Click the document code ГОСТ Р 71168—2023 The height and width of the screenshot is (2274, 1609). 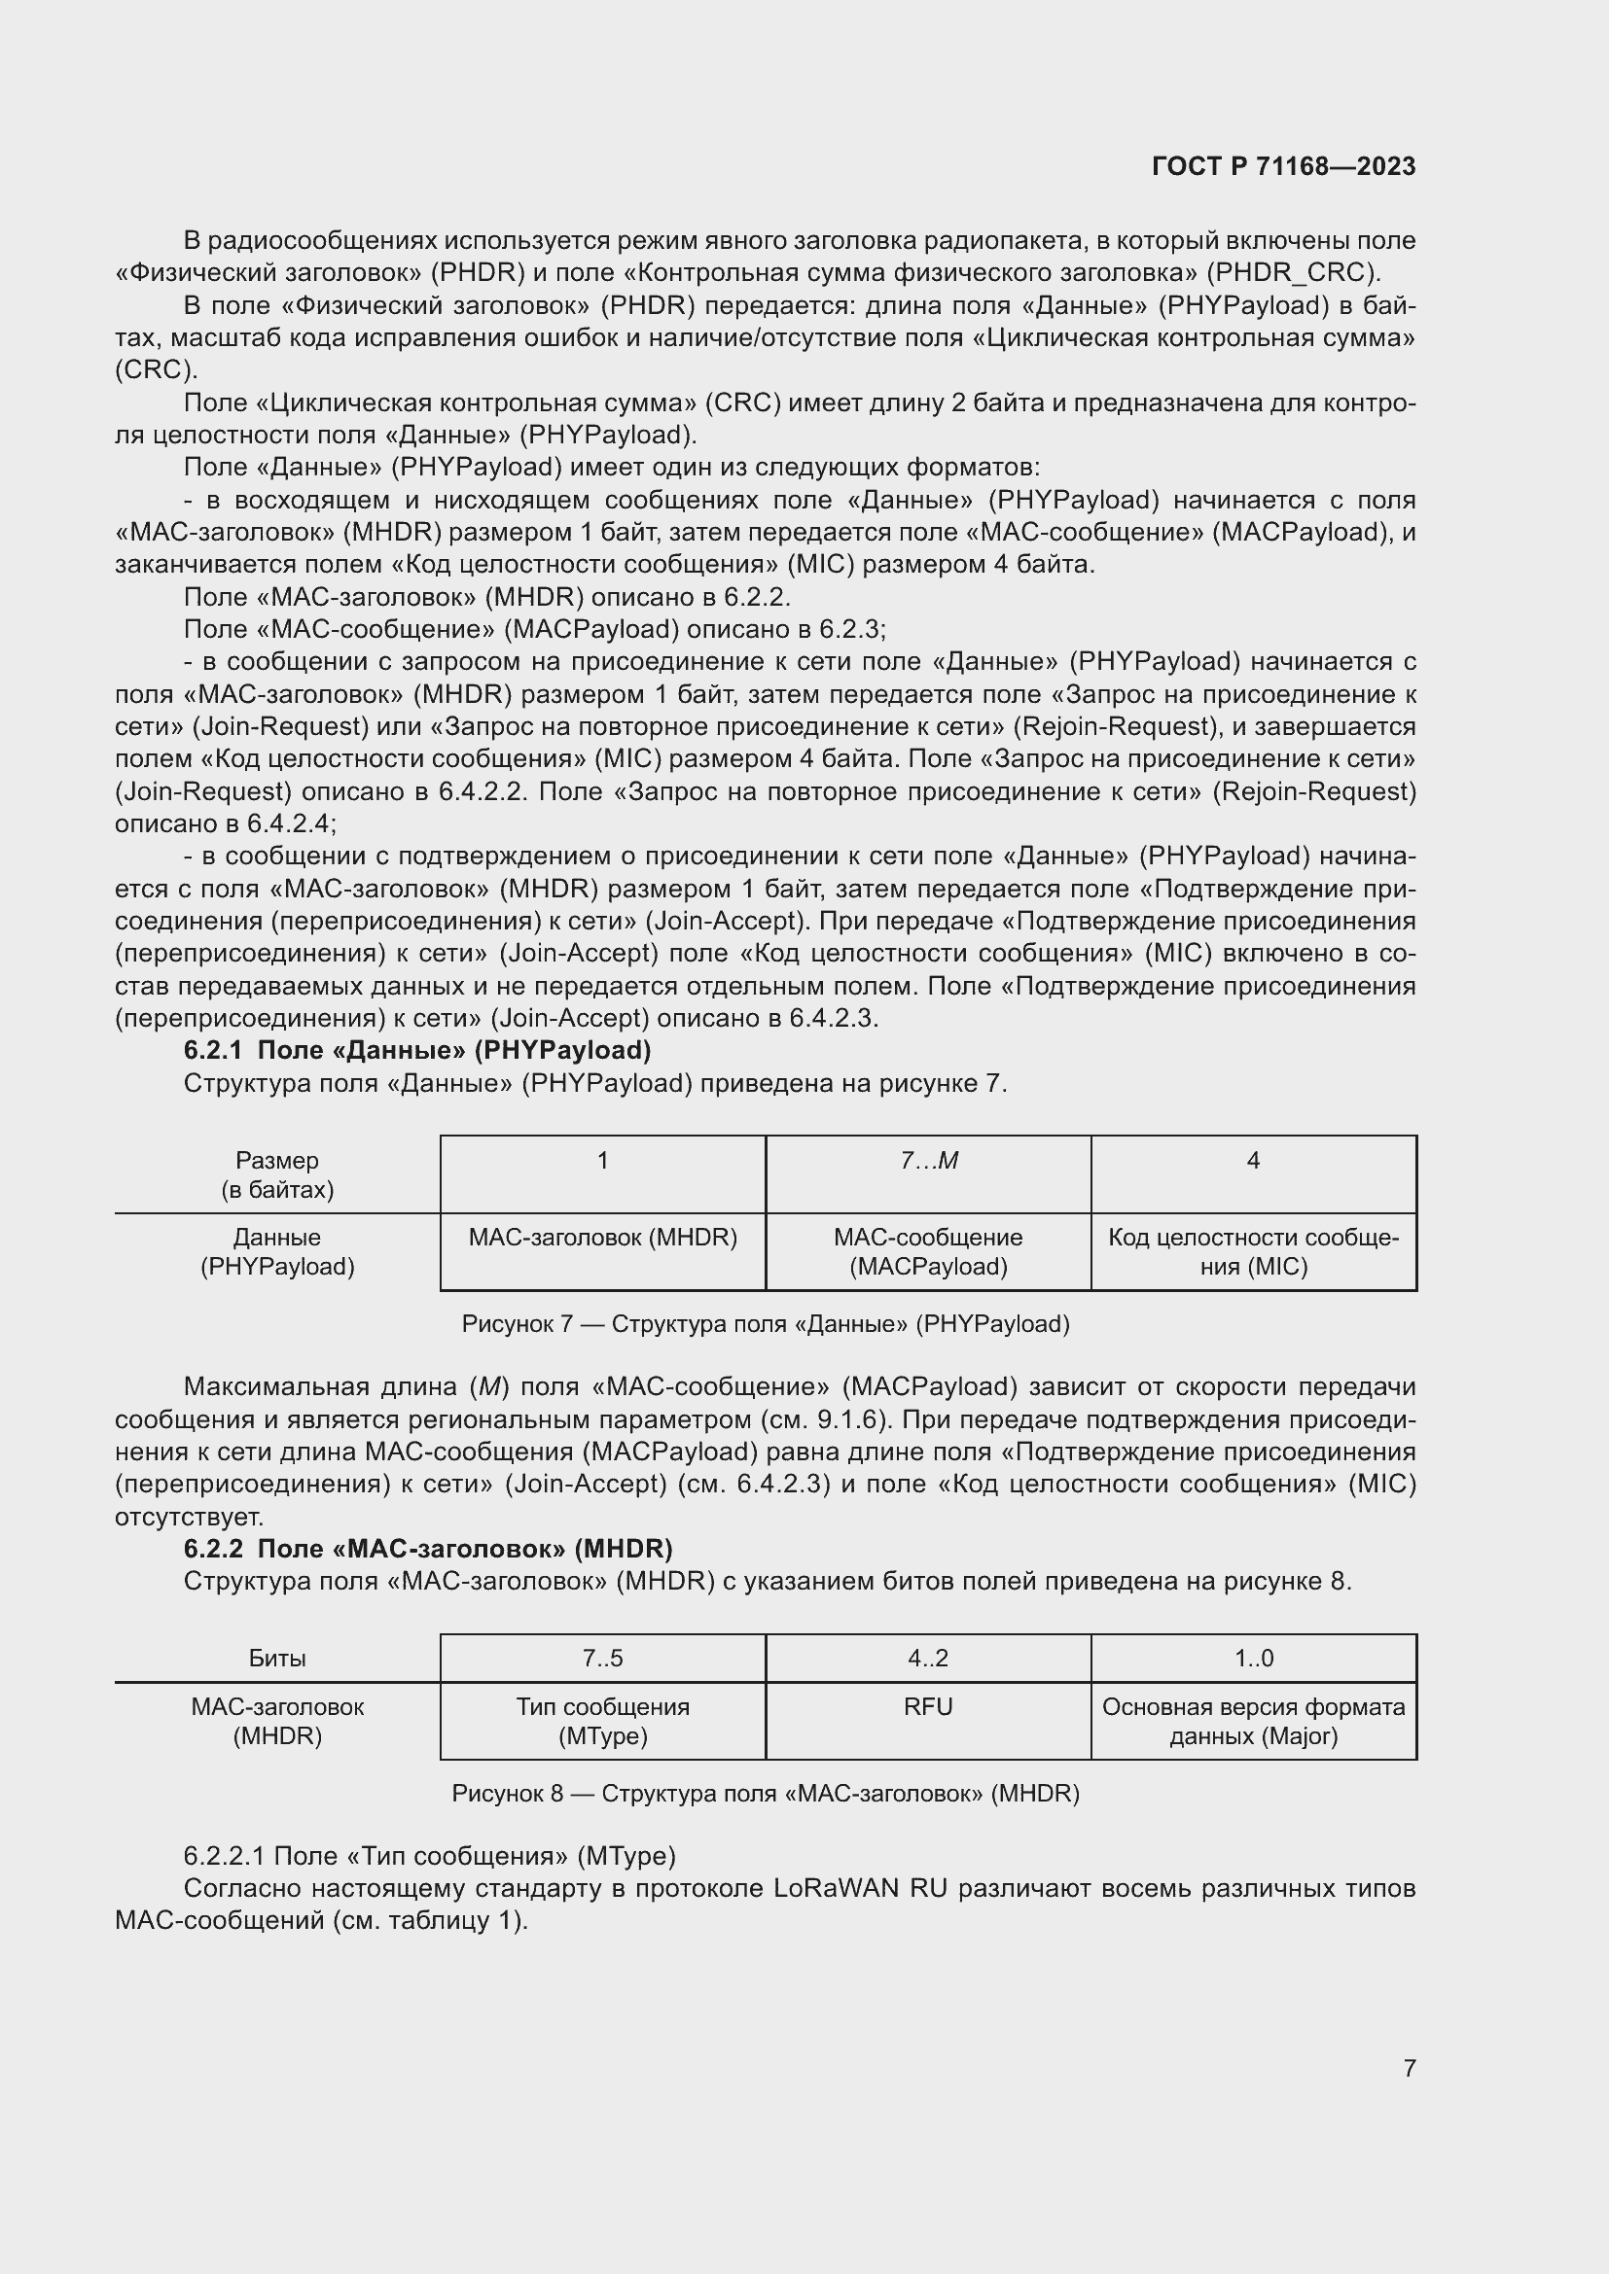click(1283, 166)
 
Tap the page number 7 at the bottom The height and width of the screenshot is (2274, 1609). click(1409, 2067)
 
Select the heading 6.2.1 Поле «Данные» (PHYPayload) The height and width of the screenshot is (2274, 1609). click(417, 1050)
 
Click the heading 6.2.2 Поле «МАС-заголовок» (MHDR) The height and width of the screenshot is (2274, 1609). click(428, 1548)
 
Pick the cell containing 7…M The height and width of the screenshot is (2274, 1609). click(928, 1161)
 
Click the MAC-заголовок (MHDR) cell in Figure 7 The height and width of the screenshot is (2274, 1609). click(602, 1238)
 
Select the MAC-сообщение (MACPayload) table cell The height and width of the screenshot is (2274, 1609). click(928, 1252)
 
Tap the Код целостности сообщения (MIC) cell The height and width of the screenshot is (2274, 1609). click(1253, 1252)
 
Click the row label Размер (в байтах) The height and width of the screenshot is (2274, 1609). click(277, 1174)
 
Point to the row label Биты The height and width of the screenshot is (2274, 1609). click(277, 1658)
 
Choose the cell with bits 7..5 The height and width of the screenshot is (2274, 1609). click(602, 1658)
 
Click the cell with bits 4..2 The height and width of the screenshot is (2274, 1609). click(928, 1658)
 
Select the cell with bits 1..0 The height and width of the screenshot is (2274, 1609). click(1253, 1658)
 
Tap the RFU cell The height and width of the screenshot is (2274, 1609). click(928, 1706)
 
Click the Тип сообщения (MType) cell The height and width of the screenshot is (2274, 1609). click(602, 1721)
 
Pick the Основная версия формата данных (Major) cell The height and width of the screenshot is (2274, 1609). click(1253, 1721)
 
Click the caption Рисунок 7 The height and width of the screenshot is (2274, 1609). click(765, 1324)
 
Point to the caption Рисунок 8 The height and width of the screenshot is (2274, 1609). click(765, 1793)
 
